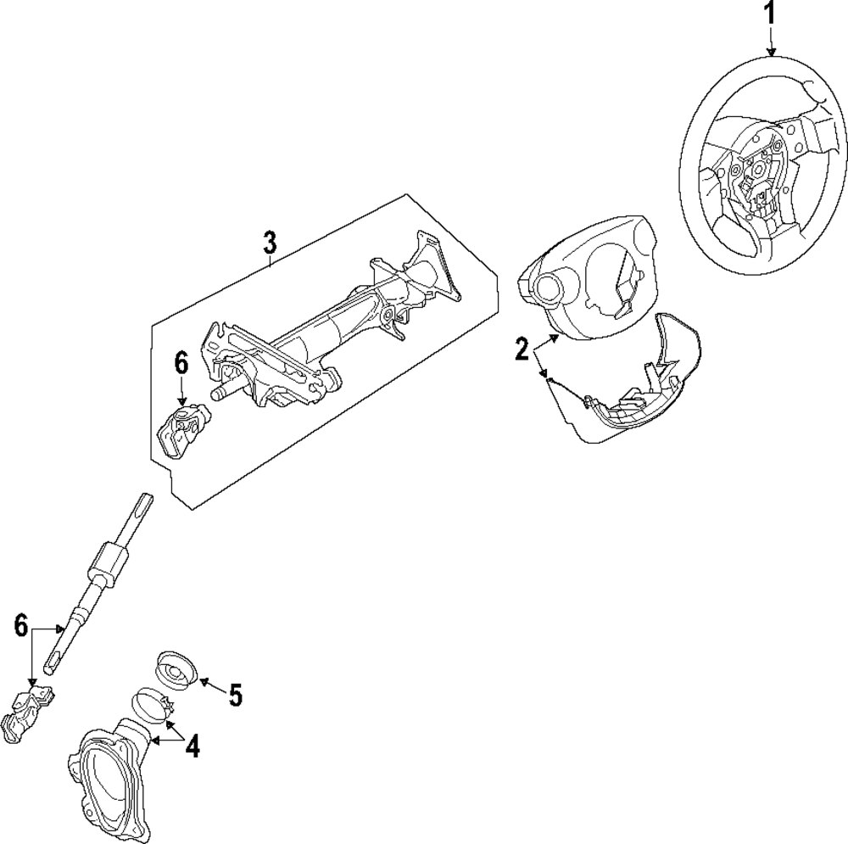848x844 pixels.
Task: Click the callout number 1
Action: [771, 14]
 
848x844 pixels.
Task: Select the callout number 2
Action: [522, 348]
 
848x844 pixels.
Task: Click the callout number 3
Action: [269, 243]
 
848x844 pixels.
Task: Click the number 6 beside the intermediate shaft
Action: [22, 627]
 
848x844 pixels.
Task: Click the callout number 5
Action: [235, 696]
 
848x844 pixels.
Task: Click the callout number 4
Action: [193, 746]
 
